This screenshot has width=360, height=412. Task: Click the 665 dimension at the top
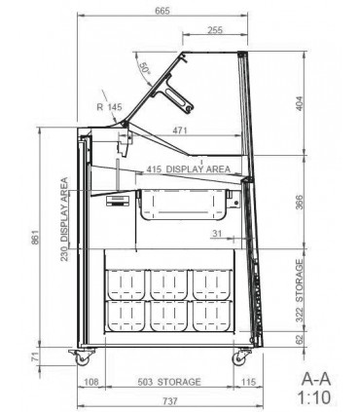pos(162,11)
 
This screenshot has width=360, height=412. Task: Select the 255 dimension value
pos(215,30)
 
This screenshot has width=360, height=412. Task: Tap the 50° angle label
pos(145,69)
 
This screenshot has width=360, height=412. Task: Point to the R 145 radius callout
pos(109,106)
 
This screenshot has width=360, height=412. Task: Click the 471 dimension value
pos(180,131)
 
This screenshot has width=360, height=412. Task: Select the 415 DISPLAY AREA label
pos(188,169)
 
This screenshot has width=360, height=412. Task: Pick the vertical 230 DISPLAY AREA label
pos(64,219)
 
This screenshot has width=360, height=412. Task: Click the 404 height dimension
pos(300,103)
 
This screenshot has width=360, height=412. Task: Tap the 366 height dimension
pos(300,202)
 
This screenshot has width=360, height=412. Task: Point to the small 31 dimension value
pos(217,233)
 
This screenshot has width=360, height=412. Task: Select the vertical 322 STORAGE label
pos(300,290)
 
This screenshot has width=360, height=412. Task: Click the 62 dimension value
pos(300,339)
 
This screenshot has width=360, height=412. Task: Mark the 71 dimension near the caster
pos(35,356)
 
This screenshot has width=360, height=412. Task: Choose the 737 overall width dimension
pos(170,401)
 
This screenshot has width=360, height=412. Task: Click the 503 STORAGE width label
pos(169,382)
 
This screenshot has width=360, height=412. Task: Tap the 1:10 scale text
pos(314,397)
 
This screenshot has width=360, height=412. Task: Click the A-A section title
pos(316,379)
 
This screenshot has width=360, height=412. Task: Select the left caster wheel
pos(83,359)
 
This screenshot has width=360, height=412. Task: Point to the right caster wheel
pos(239,358)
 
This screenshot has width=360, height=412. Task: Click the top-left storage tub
pos(126,284)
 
